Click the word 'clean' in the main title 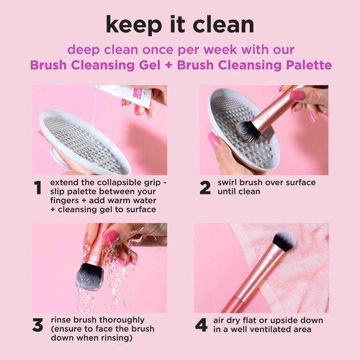coord(220,24)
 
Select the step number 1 coord(37,189)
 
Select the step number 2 coord(204,189)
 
